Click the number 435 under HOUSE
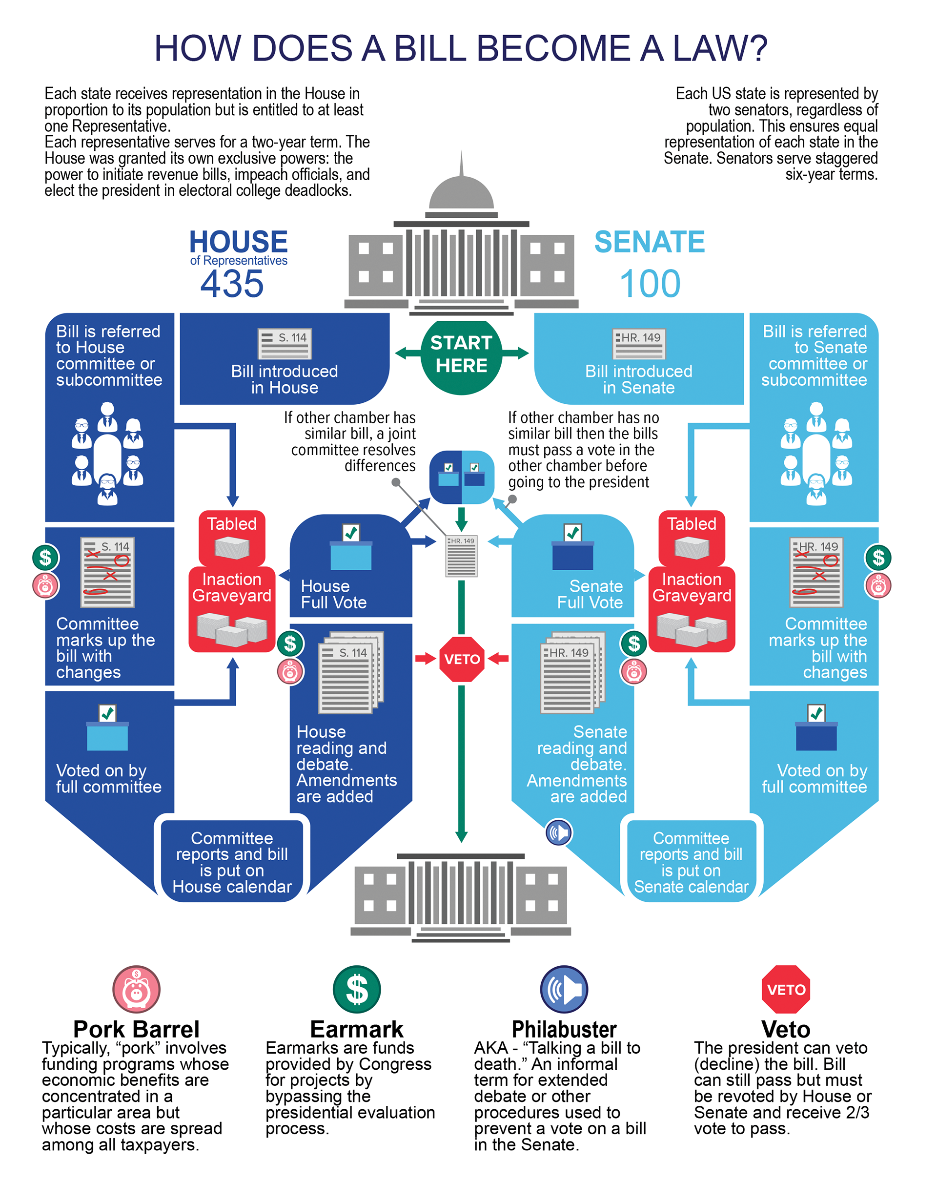coord(232,284)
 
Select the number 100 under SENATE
coord(650,284)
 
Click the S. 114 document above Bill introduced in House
coord(285,344)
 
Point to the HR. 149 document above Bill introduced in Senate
coord(639,344)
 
